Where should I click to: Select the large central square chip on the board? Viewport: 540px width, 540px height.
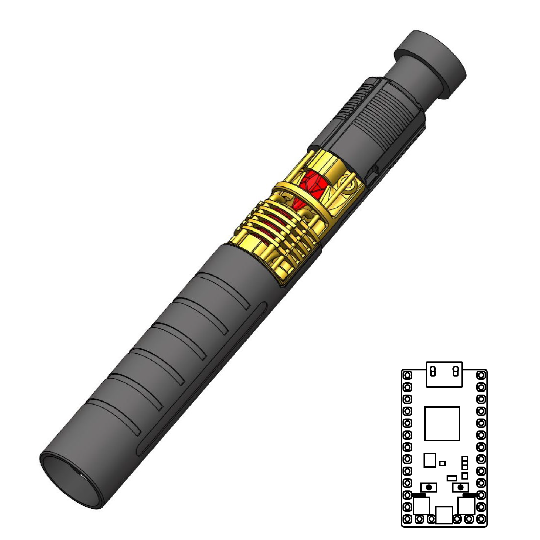[442, 423]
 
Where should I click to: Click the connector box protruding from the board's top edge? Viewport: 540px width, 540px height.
[444, 375]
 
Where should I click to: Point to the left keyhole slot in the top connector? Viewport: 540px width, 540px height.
[433, 371]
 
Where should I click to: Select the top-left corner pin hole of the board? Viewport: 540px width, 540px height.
[407, 375]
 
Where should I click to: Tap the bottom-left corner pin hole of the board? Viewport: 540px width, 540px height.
[407, 519]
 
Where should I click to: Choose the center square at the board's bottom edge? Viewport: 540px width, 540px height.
[444, 515]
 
